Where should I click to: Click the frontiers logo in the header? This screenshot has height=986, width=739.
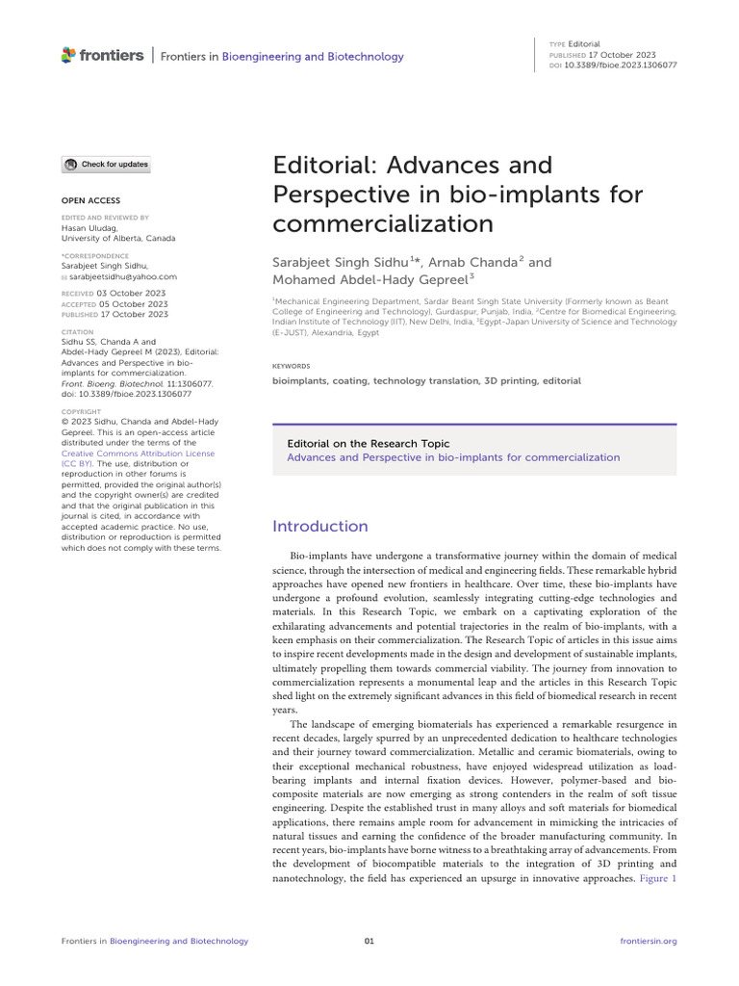(102, 55)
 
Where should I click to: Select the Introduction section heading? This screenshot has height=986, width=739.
(320, 527)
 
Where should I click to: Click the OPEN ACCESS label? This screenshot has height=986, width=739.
(91, 200)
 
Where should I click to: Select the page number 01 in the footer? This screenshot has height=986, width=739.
(369, 941)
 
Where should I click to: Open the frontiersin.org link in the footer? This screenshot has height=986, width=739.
(650, 941)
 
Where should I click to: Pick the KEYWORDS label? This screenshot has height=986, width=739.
(292, 366)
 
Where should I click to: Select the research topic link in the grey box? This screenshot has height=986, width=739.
(454, 457)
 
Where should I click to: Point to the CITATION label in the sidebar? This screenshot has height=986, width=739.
(77, 330)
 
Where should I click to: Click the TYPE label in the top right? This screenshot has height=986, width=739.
(556, 44)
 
